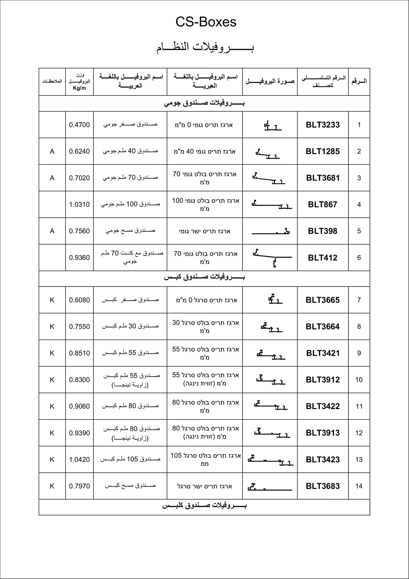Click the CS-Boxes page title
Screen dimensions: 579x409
point(206,22)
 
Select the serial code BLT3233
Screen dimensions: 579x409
point(323,125)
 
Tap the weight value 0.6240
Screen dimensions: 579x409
point(79,151)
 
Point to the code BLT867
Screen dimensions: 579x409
point(323,204)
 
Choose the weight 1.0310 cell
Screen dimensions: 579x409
point(79,204)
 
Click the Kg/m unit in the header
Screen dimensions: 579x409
point(79,88)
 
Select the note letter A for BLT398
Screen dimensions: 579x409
point(52,231)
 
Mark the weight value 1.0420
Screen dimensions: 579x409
point(79,460)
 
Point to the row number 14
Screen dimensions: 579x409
point(359,486)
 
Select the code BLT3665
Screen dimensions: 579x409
point(323,300)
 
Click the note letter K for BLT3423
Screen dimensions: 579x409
point(52,460)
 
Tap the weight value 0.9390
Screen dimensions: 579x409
point(79,433)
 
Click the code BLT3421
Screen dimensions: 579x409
point(323,353)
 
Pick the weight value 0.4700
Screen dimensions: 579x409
point(79,125)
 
